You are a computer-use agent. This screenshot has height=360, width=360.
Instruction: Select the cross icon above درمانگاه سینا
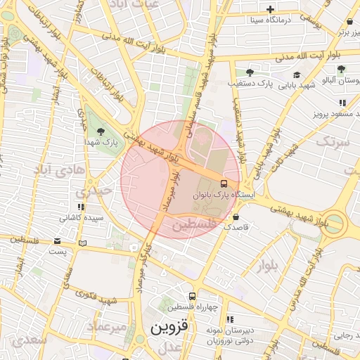271,9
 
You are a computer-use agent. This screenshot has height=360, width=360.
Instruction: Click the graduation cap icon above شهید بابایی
296,75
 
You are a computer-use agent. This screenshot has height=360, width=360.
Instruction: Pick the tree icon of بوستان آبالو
341,70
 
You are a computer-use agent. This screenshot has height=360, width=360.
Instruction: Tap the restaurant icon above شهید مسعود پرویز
342,103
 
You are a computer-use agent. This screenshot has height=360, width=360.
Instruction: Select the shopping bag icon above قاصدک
235,217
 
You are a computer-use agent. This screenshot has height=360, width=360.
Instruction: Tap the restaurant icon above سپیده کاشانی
82,207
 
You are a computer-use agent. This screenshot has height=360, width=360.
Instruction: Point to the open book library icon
84,243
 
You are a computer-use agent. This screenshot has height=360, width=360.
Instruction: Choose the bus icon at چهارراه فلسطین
192,297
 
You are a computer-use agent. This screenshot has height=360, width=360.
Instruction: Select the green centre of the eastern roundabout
335,224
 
